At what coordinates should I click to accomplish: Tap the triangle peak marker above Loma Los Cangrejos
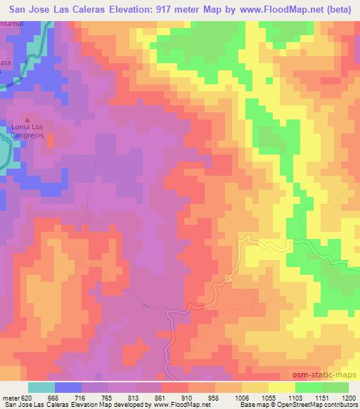tap(28, 119)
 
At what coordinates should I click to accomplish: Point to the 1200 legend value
tap(349, 398)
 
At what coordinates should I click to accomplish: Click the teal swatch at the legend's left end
tap(41, 387)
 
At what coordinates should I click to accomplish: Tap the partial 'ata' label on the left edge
tap(6, 63)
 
